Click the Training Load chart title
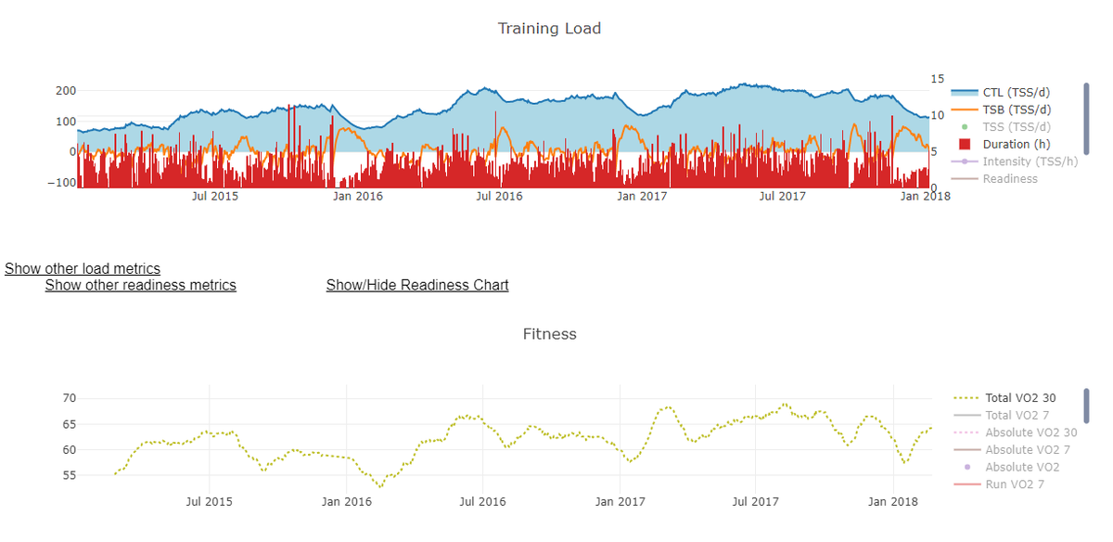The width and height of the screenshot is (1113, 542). coord(549,29)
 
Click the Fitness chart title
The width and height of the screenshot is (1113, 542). coord(549,334)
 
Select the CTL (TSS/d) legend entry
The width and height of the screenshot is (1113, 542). coord(1016,92)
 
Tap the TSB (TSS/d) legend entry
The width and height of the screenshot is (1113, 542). coord(1016,110)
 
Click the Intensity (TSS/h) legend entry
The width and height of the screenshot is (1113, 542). coord(1030,161)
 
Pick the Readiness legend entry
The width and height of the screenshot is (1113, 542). coord(1010,179)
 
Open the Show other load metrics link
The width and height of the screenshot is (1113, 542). coord(83,269)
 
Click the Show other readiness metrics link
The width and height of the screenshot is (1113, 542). coord(141,285)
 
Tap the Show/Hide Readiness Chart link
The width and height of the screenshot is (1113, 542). coord(417,285)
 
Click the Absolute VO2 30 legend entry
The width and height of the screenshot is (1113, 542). coord(1030,432)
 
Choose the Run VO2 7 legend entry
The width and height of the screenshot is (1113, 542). coord(1015,484)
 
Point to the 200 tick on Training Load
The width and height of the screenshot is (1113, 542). coord(65,91)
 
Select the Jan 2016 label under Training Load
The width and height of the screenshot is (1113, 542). coord(357,196)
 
